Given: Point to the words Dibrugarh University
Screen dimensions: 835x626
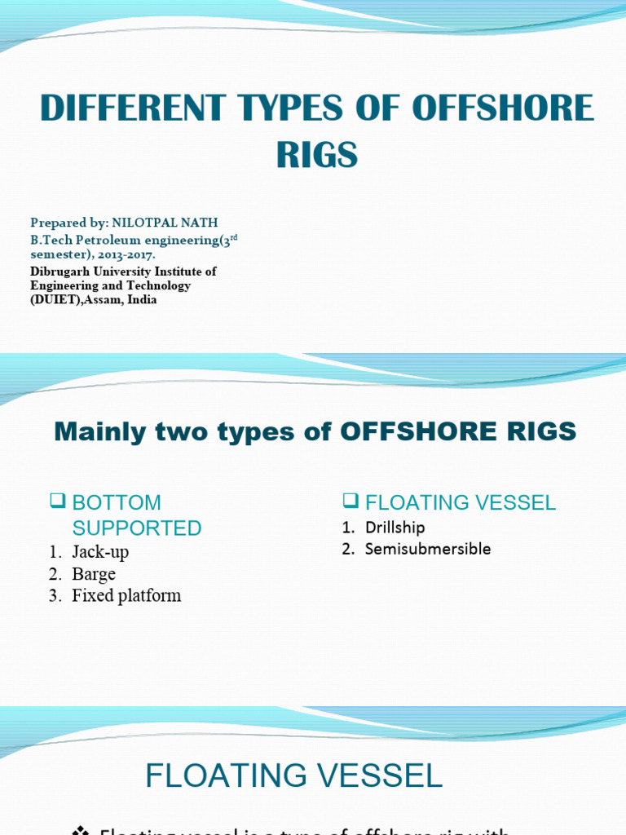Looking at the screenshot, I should [88, 272].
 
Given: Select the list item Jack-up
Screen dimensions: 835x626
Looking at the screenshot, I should [100, 552].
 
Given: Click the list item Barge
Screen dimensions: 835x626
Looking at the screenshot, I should [94, 574].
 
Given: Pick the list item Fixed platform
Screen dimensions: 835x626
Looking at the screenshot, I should [126, 596].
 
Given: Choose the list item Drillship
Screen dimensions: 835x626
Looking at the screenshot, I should [395, 528].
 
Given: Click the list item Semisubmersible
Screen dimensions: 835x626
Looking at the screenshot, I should [428, 549].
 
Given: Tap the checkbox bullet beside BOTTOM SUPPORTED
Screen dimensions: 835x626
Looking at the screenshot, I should [57, 501].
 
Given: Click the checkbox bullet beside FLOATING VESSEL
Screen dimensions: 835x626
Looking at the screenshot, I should [350, 501].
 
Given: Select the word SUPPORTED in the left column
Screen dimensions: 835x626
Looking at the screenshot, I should [137, 528].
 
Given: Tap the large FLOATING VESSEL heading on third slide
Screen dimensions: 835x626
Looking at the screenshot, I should [293, 775].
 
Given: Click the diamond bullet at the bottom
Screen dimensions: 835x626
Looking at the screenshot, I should [80, 830].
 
